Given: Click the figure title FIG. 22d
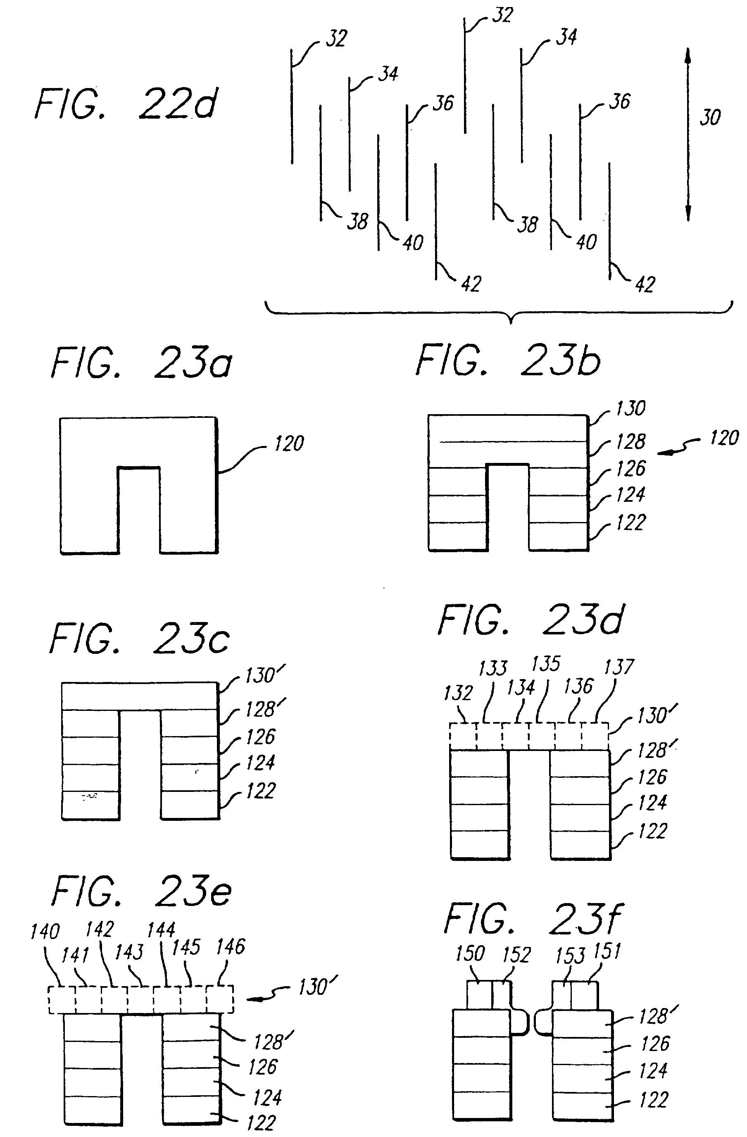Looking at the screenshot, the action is pyautogui.click(x=126, y=104).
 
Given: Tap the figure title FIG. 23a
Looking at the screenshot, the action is pyautogui.click(x=141, y=362).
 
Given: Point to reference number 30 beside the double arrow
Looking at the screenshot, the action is pyautogui.click(x=710, y=117).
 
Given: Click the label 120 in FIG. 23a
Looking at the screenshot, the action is pyautogui.click(x=289, y=443).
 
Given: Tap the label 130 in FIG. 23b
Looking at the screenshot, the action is pyautogui.click(x=630, y=408).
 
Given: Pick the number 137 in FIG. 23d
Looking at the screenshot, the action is pyautogui.click(x=619, y=667).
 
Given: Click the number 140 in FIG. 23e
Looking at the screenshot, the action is pyautogui.click(x=45, y=931).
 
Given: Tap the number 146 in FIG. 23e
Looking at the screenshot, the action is pyautogui.click(x=230, y=947).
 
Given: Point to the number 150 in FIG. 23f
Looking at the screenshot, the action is pyautogui.click(x=470, y=953).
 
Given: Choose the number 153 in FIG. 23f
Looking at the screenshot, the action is pyautogui.click(x=570, y=956).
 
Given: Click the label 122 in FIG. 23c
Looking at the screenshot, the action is pyautogui.click(x=261, y=791).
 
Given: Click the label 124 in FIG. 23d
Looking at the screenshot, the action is pyautogui.click(x=652, y=803).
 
